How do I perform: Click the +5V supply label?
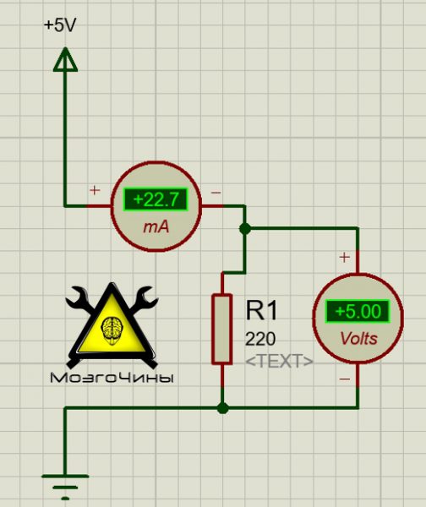[x=60, y=25]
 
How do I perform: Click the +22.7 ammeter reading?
[x=156, y=199]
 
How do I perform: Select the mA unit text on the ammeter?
[x=156, y=227]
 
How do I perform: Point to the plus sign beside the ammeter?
[x=95, y=190]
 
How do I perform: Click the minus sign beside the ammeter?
[x=216, y=193]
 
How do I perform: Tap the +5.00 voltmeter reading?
[x=358, y=311]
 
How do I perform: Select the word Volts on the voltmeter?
[x=358, y=339]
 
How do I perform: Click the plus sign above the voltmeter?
[x=345, y=258]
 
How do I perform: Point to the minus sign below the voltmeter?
[x=345, y=379]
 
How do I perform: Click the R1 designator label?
[x=261, y=310]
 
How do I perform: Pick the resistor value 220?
[x=260, y=339]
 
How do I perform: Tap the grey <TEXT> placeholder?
[x=280, y=361]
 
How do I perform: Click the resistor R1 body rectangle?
[x=222, y=330]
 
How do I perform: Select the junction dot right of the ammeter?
[x=245, y=229]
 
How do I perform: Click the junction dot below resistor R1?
[x=222, y=408]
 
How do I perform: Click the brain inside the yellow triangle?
[x=112, y=330]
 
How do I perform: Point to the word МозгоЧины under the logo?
[x=112, y=378]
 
